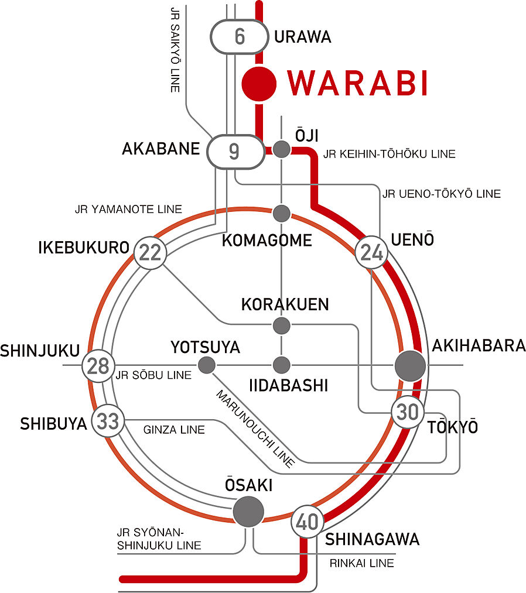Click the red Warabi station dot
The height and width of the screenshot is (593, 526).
pos(259,83)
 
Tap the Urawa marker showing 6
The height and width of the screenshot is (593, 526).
pos(239,36)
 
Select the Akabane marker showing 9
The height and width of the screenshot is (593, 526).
pos(234,152)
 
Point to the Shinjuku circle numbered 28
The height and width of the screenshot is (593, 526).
pos(98,366)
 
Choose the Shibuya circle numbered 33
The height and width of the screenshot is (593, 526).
pos(108,421)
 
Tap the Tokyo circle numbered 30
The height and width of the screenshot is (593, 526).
pos(408,413)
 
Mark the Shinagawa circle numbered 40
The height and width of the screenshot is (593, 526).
pos(307,520)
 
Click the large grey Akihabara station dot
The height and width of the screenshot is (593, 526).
pos(411,366)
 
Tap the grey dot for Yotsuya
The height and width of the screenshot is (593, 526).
pos(206,365)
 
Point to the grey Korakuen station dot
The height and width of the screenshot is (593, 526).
pos(282,324)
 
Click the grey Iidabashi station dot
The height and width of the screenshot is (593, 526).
pos(282,365)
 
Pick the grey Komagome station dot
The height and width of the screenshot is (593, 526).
pos(282,212)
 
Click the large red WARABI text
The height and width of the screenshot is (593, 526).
pos(357,84)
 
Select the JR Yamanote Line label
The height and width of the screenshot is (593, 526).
pos(128,208)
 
